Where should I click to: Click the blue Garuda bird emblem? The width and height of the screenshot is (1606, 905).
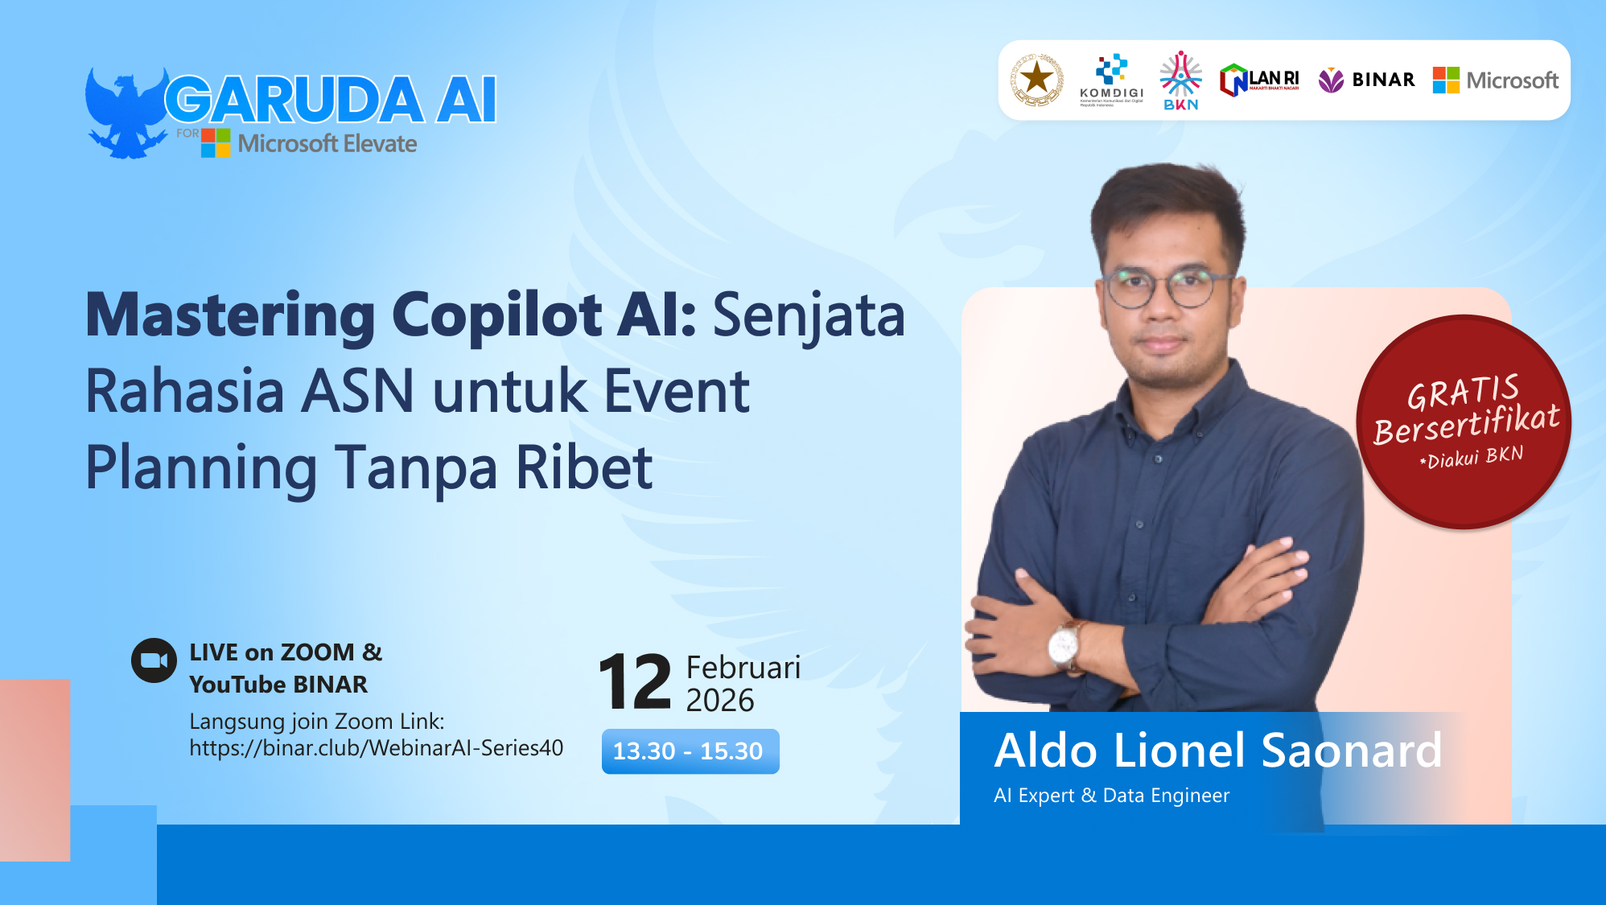pyautogui.click(x=125, y=113)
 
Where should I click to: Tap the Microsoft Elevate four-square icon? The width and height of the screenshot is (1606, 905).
pyautogui.click(x=216, y=142)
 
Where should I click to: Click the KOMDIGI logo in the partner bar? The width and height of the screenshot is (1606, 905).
pyautogui.click(x=1111, y=80)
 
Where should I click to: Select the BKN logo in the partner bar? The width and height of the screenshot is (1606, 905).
pyautogui.click(x=1180, y=80)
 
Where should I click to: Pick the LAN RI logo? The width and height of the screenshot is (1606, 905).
pyautogui.click(x=1259, y=80)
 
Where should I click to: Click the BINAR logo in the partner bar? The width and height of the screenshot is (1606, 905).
pyautogui.click(x=1366, y=80)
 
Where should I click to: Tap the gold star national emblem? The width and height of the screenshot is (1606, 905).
pyautogui.click(x=1036, y=80)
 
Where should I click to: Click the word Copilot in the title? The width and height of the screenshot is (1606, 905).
pyautogui.click(x=496, y=315)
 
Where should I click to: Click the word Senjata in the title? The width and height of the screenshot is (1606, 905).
pyautogui.click(x=809, y=315)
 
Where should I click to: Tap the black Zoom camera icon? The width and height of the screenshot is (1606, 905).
pyautogui.click(x=154, y=660)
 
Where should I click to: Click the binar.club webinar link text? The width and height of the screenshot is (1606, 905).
pyautogui.click(x=376, y=748)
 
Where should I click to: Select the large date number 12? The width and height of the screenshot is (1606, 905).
pyautogui.click(x=635, y=683)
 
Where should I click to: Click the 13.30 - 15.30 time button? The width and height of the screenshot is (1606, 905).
pyautogui.click(x=690, y=751)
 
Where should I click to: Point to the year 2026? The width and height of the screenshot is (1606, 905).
pyautogui.click(x=719, y=701)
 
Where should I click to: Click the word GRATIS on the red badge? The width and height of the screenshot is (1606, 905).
pyautogui.click(x=1463, y=393)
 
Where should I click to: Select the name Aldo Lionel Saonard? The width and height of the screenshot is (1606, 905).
pyautogui.click(x=1217, y=751)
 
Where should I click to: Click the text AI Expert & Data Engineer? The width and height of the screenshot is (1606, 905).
pyautogui.click(x=1111, y=796)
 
